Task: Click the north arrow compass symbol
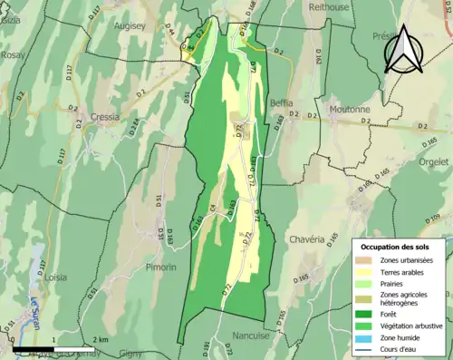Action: (x=403, y=50)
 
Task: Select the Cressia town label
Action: (x=107, y=117)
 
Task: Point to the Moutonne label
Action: (x=351, y=110)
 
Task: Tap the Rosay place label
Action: (x=12, y=54)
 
